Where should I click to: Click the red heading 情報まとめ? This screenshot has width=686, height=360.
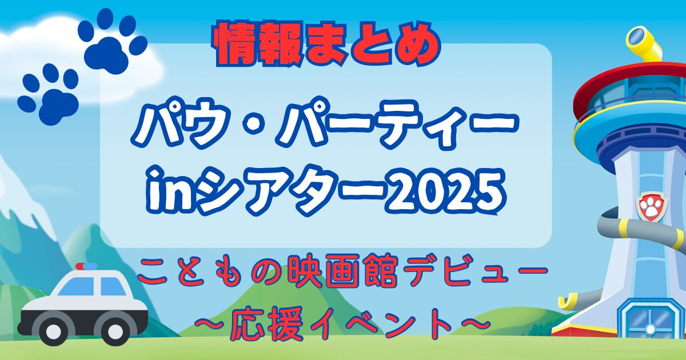click(328, 44)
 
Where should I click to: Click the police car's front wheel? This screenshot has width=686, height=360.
click(53, 331)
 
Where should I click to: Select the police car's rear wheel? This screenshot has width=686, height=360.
click(115, 331)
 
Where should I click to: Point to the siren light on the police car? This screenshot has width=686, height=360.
click(86, 266)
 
